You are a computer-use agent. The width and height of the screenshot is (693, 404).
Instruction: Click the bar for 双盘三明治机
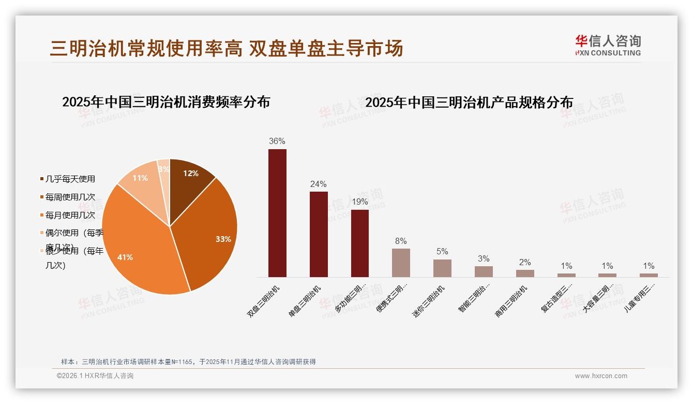[x=277, y=213]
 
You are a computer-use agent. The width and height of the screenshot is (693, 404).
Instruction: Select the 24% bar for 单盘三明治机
[x=319, y=234]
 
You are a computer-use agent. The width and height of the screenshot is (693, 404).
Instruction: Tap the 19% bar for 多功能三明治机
[x=360, y=243]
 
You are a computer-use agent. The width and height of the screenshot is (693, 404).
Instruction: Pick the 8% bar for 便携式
[x=401, y=263]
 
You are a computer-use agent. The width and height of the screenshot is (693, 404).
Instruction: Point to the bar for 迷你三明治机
[x=442, y=268]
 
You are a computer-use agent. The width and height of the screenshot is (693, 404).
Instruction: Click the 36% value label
[x=277, y=141]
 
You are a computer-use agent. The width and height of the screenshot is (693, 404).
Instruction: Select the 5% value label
[x=442, y=251]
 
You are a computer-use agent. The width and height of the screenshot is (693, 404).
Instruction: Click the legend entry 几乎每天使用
[x=70, y=179]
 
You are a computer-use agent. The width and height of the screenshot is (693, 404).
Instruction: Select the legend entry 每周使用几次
[x=70, y=197]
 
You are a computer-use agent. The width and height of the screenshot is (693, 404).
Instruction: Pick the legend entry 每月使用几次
[x=70, y=215]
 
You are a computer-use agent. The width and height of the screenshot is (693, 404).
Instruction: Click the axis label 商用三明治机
[x=512, y=300]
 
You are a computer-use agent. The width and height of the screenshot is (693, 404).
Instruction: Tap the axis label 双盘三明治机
[x=264, y=300]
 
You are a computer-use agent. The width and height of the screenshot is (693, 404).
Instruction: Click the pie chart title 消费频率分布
[x=166, y=102]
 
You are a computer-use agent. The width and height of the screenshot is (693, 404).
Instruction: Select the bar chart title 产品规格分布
[x=469, y=103]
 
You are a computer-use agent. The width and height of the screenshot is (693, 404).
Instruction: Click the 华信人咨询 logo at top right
[x=608, y=45]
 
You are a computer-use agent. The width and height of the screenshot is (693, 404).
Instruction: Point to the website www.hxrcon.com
[x=601, y=376]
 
